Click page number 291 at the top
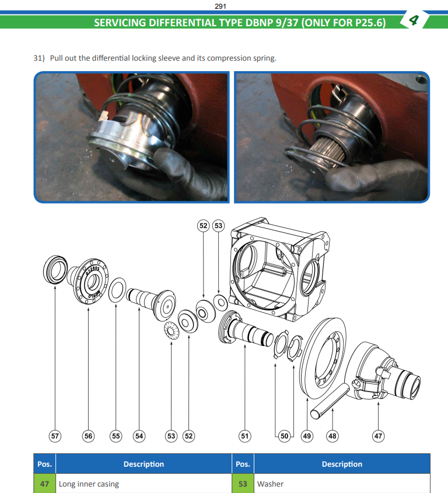(220, 6)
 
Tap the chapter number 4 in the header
(414, 20)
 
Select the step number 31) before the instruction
(39, 58)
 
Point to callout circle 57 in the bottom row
(55, 436)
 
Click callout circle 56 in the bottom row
(88, 436)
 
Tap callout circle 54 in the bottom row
(139, 436)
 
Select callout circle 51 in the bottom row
(244, 436)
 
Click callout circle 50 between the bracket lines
(284, 436)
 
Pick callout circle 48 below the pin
(332, 436)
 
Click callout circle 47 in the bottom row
(378, 436)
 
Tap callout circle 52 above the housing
(204, 226)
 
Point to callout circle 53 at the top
(219, 226)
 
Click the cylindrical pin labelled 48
(330, 401)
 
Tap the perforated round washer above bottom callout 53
(171, 331)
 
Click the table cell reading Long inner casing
(143, 484)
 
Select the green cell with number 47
(44, 484)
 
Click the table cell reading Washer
(342, 484)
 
